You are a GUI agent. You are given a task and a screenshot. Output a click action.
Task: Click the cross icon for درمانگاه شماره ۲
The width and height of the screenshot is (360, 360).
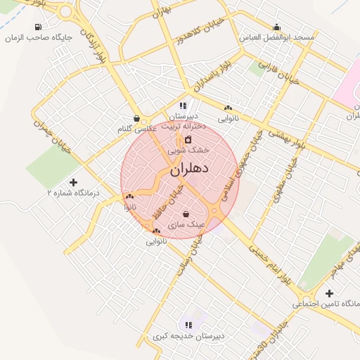tap(74, 182)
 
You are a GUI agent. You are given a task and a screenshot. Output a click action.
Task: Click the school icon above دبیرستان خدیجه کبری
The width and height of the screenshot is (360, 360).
tap(188, 324)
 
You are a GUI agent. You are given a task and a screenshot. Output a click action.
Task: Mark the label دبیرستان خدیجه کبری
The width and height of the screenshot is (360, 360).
tap(189, 336)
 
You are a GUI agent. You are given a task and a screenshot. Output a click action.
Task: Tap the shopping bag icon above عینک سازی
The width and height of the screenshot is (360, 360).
tap(186, 214)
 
